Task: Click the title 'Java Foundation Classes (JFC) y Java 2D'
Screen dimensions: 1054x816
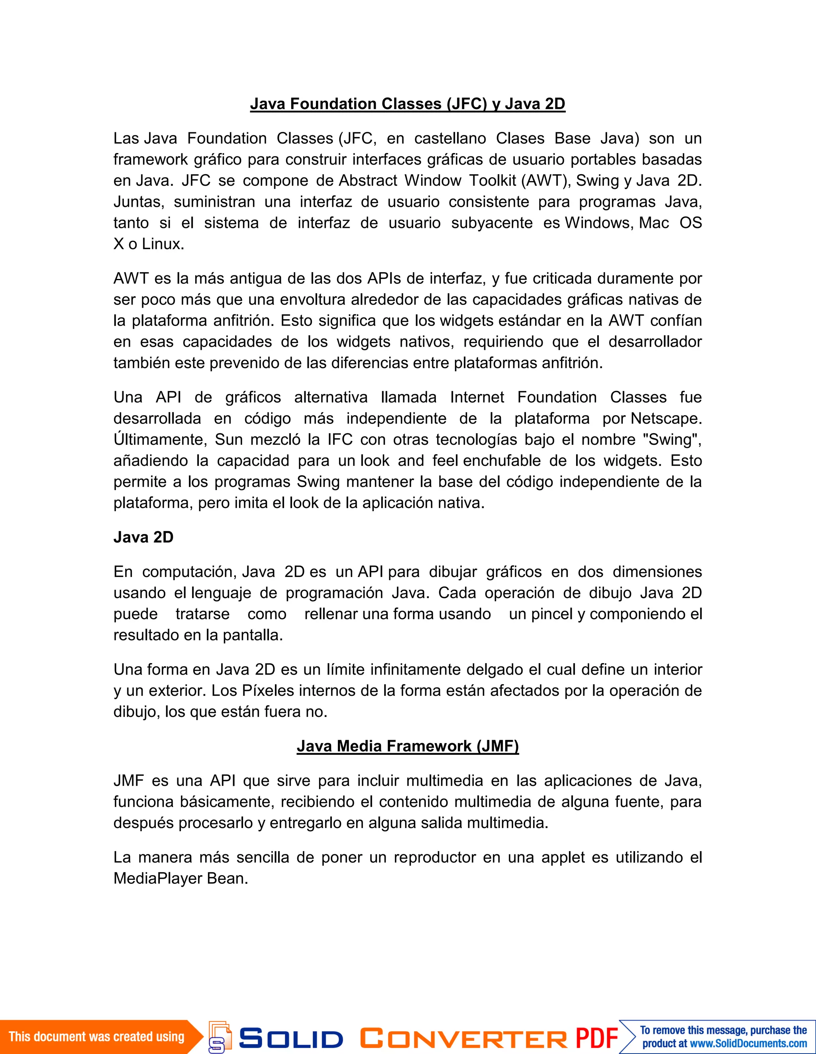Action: coord(407,104)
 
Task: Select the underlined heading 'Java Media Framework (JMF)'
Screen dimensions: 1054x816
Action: coord(407,746)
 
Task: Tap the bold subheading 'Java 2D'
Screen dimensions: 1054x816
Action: coord(143,537)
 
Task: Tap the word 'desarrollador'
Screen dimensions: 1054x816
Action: coord(655,342)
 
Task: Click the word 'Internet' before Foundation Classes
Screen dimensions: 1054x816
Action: coord(477,397)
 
